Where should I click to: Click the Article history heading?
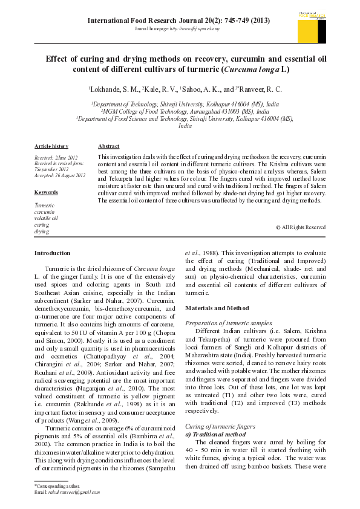coord(51,146)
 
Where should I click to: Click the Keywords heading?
coord(46,192)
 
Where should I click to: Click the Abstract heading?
coord(108,146)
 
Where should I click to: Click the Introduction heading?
coord(53,252)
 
